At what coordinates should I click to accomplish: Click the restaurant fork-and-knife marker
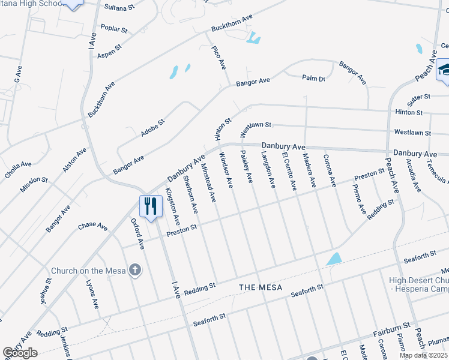(150, 206)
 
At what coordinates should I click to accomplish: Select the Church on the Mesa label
(88, 271)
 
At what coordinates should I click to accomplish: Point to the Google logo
(20, 353)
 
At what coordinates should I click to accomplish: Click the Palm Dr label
(313, 79)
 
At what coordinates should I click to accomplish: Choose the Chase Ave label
(92, 227)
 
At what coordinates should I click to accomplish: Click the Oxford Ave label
(138, 233)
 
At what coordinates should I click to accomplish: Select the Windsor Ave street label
(225, 169)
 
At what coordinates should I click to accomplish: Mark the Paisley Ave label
(247, 167)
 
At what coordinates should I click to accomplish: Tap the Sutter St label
(420, 96)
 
